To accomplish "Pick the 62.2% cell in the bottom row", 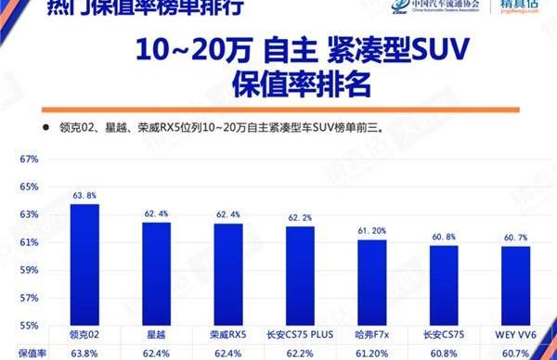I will tap(299, 353).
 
